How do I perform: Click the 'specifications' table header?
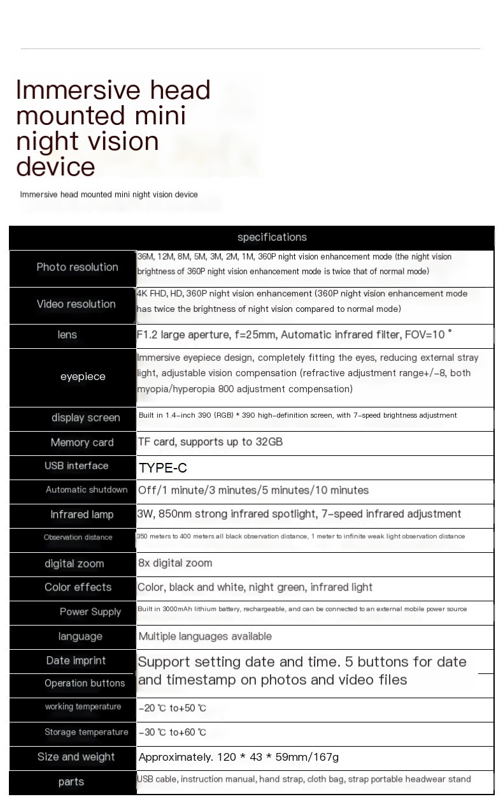point(272,237)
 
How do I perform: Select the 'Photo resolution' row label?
point(77,267)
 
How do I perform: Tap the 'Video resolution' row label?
point(76,304)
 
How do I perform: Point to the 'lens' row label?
point(67,335)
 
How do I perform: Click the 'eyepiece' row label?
point(83,376)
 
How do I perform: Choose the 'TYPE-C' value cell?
point(163,468)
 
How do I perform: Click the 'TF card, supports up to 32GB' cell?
point(210,442)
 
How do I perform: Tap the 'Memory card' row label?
point(82,443)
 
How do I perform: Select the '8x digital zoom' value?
point(175,563)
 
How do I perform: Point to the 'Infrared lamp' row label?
point(82,515)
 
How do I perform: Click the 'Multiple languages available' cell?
point(205,636)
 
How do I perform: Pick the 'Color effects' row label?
point(78,587)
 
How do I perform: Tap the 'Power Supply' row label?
point(90,612)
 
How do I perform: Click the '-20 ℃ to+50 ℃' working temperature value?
point(173,708)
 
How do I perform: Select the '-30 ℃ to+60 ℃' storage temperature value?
point(173,733)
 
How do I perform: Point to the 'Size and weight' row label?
point(76,757)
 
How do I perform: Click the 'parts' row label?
point(71,782)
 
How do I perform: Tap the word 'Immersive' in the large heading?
point(76,91)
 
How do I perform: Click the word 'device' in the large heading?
point(55,166)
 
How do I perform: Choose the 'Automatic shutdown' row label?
point(87,490)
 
